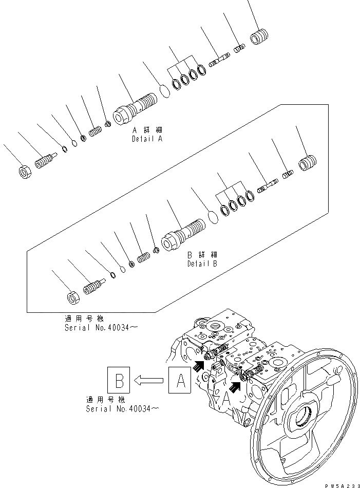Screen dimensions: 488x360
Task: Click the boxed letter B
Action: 119,381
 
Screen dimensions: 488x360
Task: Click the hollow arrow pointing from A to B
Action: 149,381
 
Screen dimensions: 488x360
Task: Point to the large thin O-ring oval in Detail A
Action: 164,91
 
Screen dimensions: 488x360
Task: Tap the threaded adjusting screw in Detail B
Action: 93,286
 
